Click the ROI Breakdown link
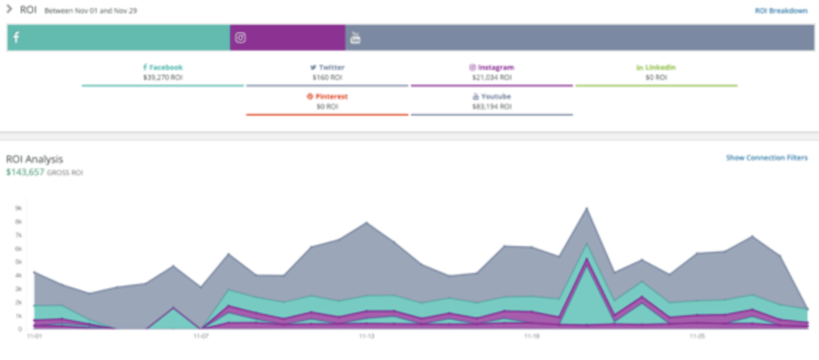(781, 10)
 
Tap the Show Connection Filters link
(767, 158)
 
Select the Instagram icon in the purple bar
(240, 38)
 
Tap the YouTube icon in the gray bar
(355, 38)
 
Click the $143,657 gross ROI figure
(25, 172)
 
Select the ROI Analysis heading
(34, 159)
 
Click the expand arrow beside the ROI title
(10, 10)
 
